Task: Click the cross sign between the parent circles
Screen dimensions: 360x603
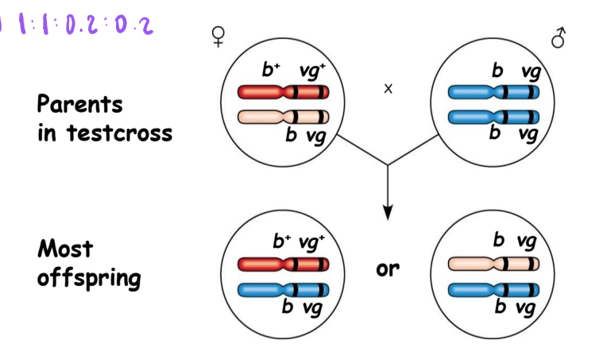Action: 388,89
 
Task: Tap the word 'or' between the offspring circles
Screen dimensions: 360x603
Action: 388,269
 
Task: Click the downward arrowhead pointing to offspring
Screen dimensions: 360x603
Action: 388,212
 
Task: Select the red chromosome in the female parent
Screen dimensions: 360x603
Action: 284,92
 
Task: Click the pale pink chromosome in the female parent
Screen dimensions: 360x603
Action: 284,117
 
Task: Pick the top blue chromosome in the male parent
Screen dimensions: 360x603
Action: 493,92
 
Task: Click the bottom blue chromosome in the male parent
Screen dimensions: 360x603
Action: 493,117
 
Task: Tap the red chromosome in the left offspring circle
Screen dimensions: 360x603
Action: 284,263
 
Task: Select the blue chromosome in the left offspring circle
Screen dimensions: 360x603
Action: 284,288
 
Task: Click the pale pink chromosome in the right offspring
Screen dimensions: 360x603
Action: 493,263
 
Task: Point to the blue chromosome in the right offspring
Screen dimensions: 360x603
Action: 493,288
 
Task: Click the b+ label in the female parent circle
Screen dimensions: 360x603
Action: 272,70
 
